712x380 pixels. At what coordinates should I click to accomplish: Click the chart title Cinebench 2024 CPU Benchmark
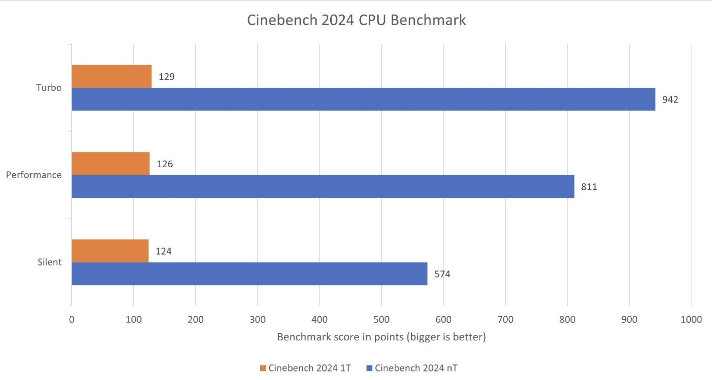357,21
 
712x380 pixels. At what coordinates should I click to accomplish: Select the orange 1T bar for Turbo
111,76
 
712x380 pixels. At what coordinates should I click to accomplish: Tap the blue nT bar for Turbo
363,99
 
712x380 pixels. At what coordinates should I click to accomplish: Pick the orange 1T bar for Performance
110,164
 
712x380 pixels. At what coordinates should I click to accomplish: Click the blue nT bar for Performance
323,186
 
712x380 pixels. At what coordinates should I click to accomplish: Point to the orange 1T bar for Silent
110,251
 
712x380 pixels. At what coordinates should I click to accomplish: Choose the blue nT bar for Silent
249,274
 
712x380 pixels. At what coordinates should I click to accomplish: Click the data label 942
670,100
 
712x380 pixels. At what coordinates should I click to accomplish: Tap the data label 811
589,187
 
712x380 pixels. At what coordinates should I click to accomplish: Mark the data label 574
442,275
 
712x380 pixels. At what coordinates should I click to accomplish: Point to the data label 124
164,251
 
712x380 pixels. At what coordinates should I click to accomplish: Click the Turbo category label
49,88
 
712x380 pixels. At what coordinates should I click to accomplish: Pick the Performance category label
34,175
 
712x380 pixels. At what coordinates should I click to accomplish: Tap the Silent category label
49,263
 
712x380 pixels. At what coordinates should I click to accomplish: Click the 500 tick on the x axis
381,319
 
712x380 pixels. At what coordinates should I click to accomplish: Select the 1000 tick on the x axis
691,319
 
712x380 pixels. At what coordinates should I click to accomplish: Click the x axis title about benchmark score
381,337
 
